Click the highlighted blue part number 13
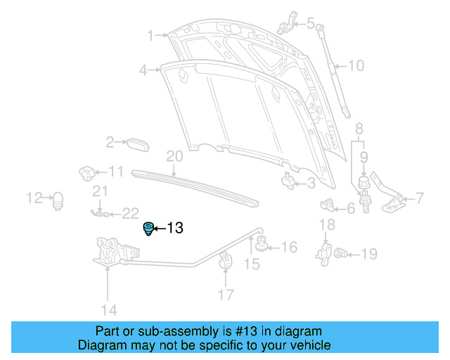click(148, 229)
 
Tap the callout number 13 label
click(174, 228)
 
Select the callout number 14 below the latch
click(108, 309)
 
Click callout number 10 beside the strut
click(356, 66)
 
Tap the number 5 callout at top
click(310, 23)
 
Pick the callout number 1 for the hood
click(150, 34)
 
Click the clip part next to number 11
click(86, 172)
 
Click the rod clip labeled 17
click(226, 259)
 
